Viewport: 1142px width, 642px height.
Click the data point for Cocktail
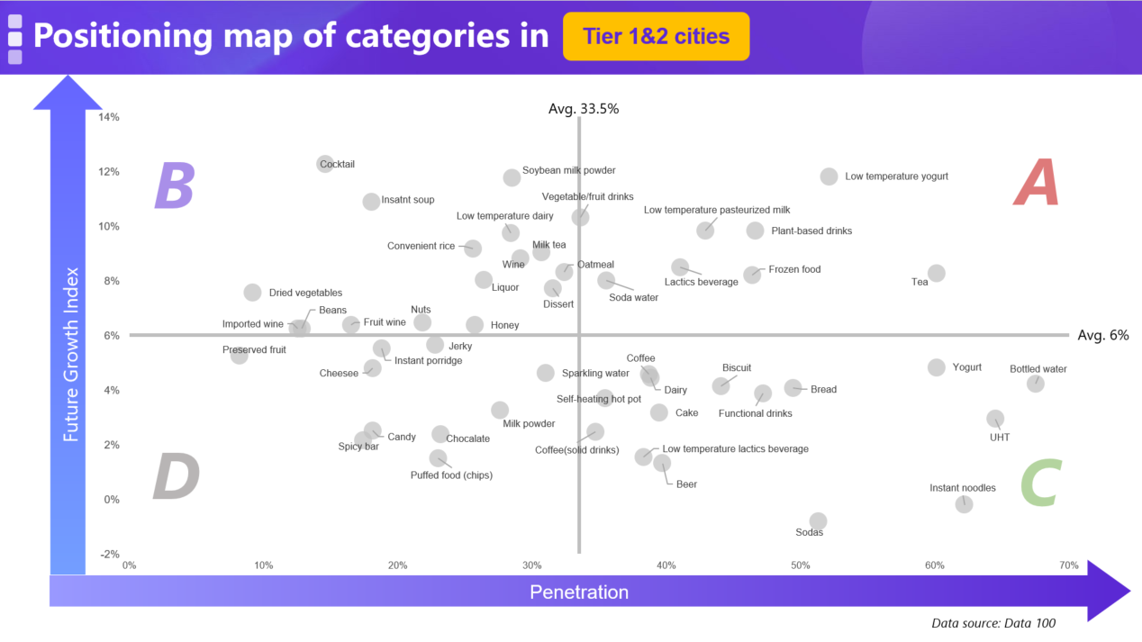pos(325,164)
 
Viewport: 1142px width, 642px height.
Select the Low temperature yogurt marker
pos(829,176)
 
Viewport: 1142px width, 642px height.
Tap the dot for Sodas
pos(818,521)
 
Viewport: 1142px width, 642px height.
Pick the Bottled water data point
pos(1035,384)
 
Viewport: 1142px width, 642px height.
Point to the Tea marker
pos(937,273)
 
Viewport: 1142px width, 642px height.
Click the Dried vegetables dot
pos(252,293)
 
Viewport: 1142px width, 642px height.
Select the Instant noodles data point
pos(964,504)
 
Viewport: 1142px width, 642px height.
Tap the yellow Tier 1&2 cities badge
pos(656,37)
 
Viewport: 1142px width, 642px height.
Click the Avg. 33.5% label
pos(584,109)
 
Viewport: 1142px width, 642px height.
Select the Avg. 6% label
pos(1102,335)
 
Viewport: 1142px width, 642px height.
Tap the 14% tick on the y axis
pos(109,117)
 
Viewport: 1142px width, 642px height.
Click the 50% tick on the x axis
pos(800,565)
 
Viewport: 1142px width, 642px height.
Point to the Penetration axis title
pos(578,592)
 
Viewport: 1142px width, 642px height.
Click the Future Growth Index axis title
pos(71,354)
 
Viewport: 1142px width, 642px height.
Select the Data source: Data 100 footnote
pos(992,623)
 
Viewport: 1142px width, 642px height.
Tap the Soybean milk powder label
pos(568,170)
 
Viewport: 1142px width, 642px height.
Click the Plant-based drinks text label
pos(811,231)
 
